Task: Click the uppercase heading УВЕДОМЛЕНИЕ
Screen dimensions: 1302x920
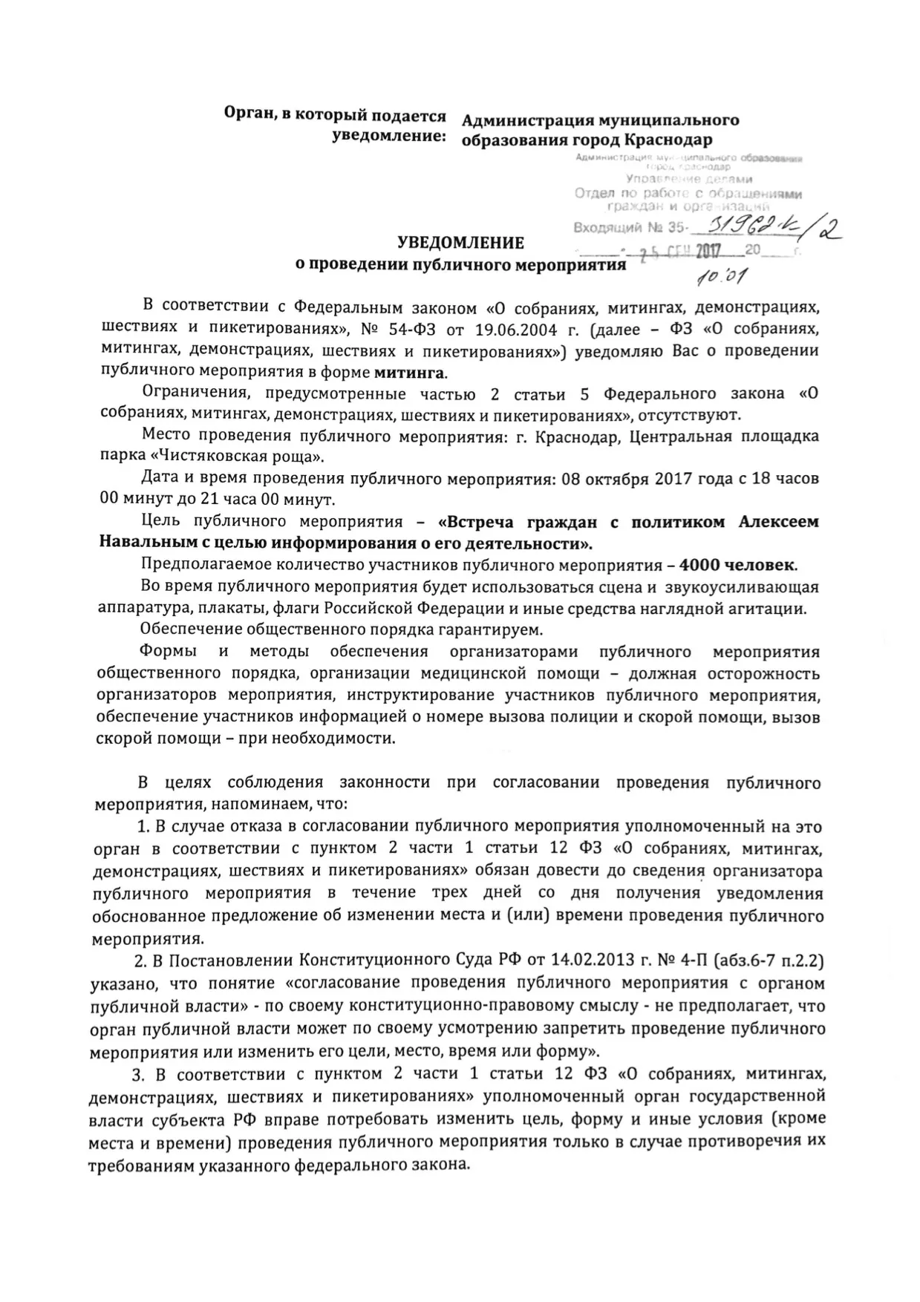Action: point(460,243)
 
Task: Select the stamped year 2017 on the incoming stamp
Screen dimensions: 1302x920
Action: point(714,252)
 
